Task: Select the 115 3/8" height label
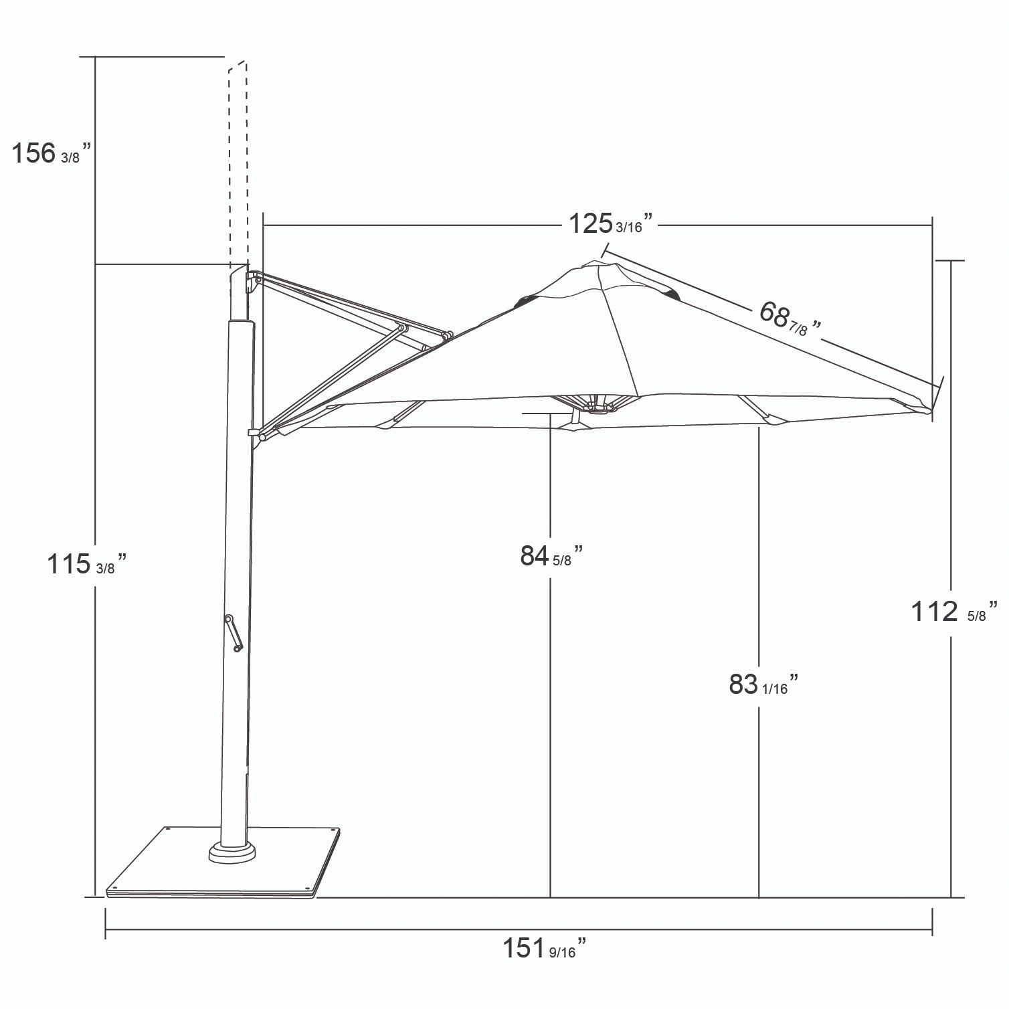86,563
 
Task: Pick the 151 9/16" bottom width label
545,948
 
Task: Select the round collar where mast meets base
232,852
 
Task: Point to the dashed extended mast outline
238,161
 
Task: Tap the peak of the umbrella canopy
593,265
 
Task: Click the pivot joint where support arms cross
402,329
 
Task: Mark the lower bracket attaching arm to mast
255,434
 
